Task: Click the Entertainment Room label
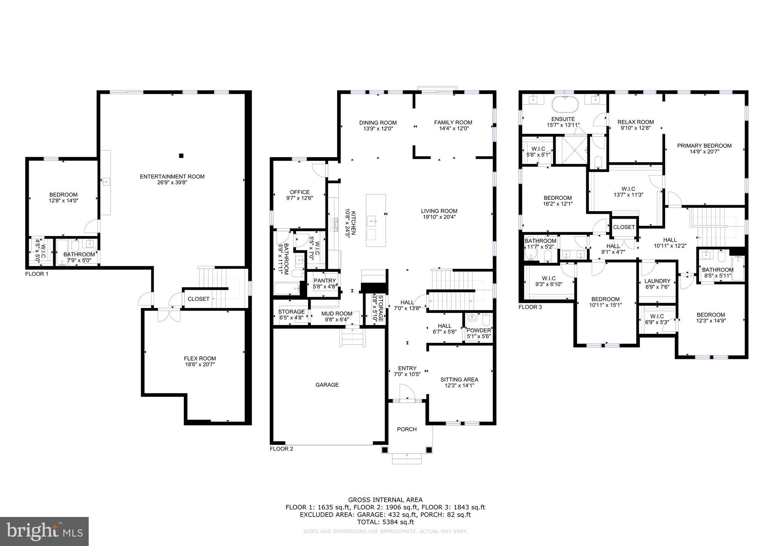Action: click(x=172, y=176)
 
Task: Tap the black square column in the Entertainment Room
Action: click(x=181, y=155)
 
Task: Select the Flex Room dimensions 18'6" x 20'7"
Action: click(x=200, y=365)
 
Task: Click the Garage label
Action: click(x=327, y=385)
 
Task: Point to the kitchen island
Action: click(x=376, y=220)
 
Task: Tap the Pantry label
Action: click(x=325, y=281)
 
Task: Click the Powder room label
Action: click(x=479, y=330)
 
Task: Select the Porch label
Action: click(x=407, y=429)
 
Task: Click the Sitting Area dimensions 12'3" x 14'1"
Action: click(x=459, y=385)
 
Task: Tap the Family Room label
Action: click(x=453, y=122)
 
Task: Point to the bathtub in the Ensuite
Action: click(x=565, y=104)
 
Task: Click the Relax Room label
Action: click(x=635, y=122)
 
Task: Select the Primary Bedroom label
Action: click(x=704, y=146)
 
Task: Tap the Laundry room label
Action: click(x=657, y=281)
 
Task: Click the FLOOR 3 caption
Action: click(x=530, y=307)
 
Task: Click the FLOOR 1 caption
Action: click(x=37, y=274)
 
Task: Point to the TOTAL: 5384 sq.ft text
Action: click(x=385, y=522)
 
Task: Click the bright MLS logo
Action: click(x=44, y=532)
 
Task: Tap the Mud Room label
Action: click(x=337, y=313)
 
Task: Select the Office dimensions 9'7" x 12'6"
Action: click(x=299, y=198)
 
